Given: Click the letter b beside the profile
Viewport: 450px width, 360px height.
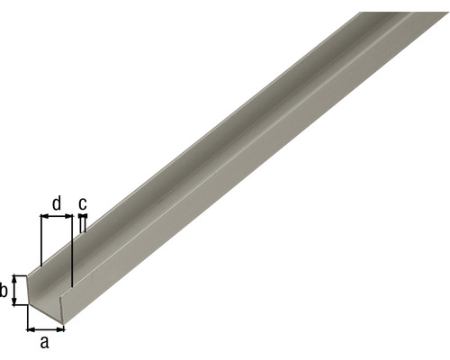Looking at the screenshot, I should point(5,290).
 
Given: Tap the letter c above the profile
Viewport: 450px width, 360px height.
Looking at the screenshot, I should point(83,203).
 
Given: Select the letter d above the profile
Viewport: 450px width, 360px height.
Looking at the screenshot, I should point(57,203).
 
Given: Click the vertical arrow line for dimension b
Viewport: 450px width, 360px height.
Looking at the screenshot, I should point(15,290).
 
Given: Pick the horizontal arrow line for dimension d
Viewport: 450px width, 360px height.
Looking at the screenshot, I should point(56,217).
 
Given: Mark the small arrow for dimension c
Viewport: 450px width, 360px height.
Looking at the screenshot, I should point(82,217).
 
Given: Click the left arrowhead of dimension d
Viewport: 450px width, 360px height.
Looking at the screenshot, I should point(44,217).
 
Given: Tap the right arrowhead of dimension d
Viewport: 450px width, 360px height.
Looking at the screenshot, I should point(67,217).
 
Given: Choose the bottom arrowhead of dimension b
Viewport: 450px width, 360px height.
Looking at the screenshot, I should point(15,302).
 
